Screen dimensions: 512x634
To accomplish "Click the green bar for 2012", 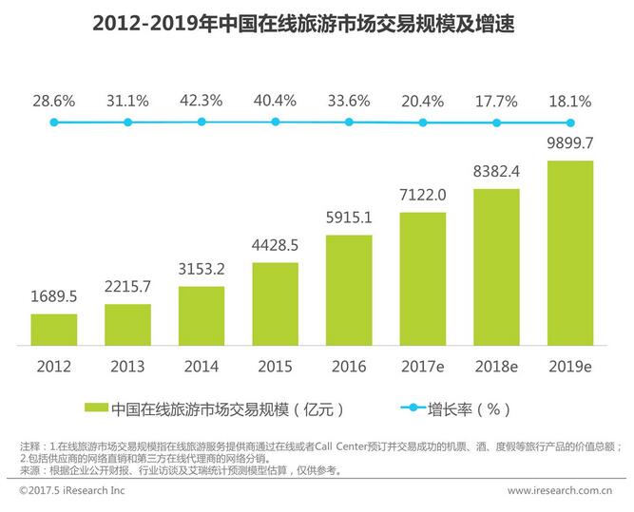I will pos(54,329).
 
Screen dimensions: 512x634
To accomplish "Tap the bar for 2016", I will pos(349,289).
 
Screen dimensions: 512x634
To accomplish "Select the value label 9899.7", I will pos(571,145).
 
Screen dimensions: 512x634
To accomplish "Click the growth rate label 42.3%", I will pos(201,99).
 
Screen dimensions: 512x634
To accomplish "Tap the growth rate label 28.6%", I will pos(54,99).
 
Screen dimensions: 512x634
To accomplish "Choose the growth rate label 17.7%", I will pos(496,99).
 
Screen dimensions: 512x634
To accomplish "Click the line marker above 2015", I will pos(275,122).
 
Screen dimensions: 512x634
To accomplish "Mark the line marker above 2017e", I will pos(423,123).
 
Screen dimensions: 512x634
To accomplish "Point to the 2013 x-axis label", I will pos(127,366).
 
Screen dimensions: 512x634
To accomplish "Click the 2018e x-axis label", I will pos(496,366).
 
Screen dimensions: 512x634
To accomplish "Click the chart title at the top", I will pos(317,23).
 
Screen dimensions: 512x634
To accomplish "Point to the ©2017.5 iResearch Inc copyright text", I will pos(71,491).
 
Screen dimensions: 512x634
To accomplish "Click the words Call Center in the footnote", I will pos(365,446).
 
